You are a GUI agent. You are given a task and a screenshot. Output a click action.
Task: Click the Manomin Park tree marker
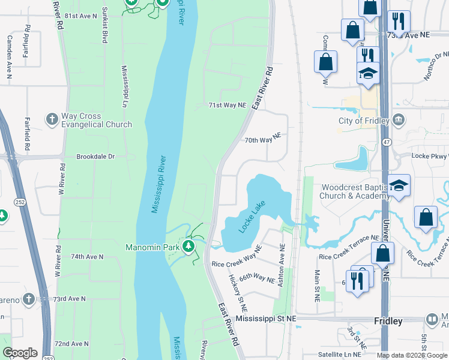190,247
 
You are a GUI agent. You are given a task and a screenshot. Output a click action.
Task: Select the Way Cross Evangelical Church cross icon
52,119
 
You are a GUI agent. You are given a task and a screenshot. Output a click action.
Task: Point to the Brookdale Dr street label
95,157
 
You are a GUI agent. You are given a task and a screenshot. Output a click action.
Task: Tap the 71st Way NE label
228,105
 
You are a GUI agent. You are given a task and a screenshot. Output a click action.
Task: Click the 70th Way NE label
262,140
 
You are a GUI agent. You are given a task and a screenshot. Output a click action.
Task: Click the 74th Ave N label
87,256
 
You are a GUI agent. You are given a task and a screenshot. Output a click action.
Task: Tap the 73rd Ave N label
69,298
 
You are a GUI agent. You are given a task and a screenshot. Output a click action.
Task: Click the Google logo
20,353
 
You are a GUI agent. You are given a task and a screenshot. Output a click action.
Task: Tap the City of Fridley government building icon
398,119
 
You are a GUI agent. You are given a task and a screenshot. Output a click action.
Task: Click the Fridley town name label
388,321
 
